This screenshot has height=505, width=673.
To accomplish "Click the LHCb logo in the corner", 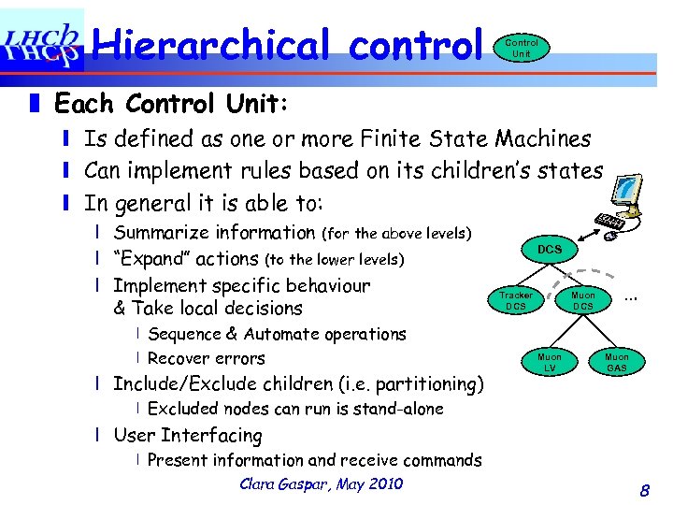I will click(x=41, y=41).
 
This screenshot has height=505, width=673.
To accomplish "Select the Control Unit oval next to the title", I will click(x=521, y=48).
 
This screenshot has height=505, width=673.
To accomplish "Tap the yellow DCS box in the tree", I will click(x=550, y=250).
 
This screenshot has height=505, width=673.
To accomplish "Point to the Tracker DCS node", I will click(x=515, y=300).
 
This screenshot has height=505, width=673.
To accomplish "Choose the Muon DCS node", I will click(x=582, y=300).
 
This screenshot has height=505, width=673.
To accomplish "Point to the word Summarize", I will click(x=165, y=233).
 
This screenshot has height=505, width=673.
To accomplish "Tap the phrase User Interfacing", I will click(x=187, y=435).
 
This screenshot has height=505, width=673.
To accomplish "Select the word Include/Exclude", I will click(x=188, y=383).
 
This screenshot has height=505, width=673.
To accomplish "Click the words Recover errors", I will click(x=206, y=358).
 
